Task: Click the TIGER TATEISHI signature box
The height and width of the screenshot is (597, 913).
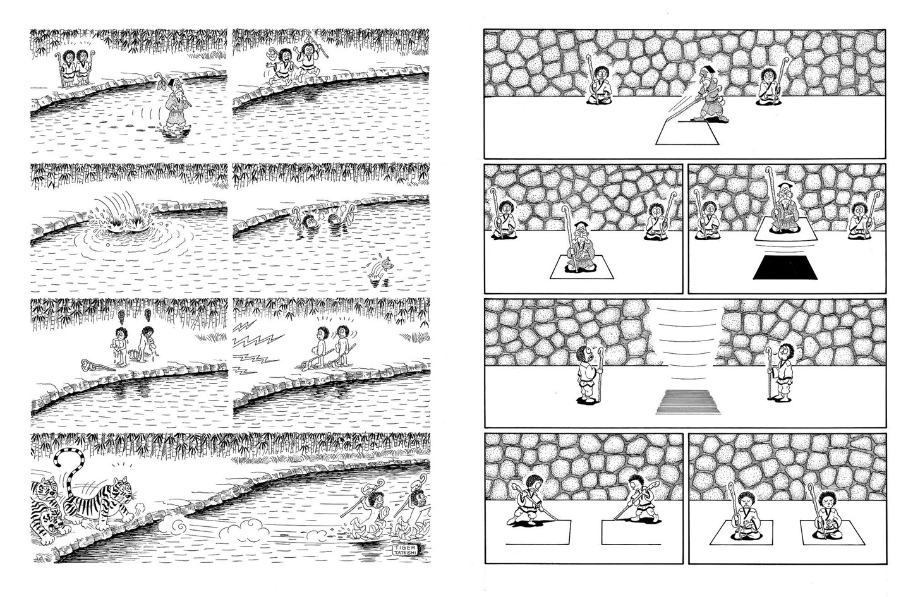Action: [405, 549]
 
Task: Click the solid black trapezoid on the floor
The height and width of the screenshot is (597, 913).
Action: [785, 269]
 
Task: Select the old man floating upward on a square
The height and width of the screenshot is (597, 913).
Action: [785, 214]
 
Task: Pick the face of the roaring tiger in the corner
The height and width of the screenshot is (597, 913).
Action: [52, 519]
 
